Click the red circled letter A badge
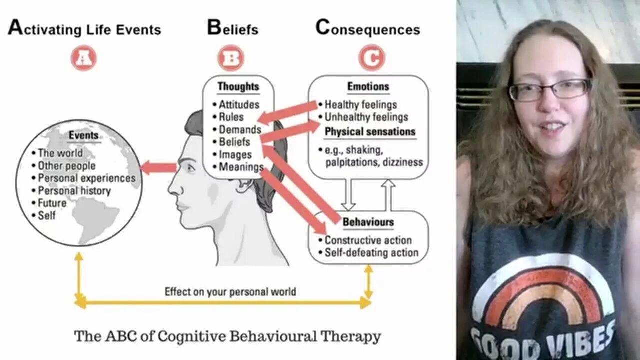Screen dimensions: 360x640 coord(83,58)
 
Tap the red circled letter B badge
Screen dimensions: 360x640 coord(230,58)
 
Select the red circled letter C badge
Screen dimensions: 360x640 coord(371,58)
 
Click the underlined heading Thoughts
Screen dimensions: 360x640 coord(238,86)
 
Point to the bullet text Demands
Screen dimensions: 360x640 coord(240,130)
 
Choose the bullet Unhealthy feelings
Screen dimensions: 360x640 coord(366,117)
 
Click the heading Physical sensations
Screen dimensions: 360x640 coord(370,132)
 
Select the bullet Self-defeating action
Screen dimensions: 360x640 coord(371,253)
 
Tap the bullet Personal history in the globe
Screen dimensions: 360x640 coord(74,191)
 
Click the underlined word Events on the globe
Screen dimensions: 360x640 coord(83,136)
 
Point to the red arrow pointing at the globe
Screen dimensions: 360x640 coord(158,168)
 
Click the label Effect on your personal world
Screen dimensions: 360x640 coord(230,291)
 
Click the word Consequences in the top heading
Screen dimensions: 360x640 coord(368,29)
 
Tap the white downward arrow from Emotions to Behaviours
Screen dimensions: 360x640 coord(348,195)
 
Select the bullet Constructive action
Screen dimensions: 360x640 coord(368,240)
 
